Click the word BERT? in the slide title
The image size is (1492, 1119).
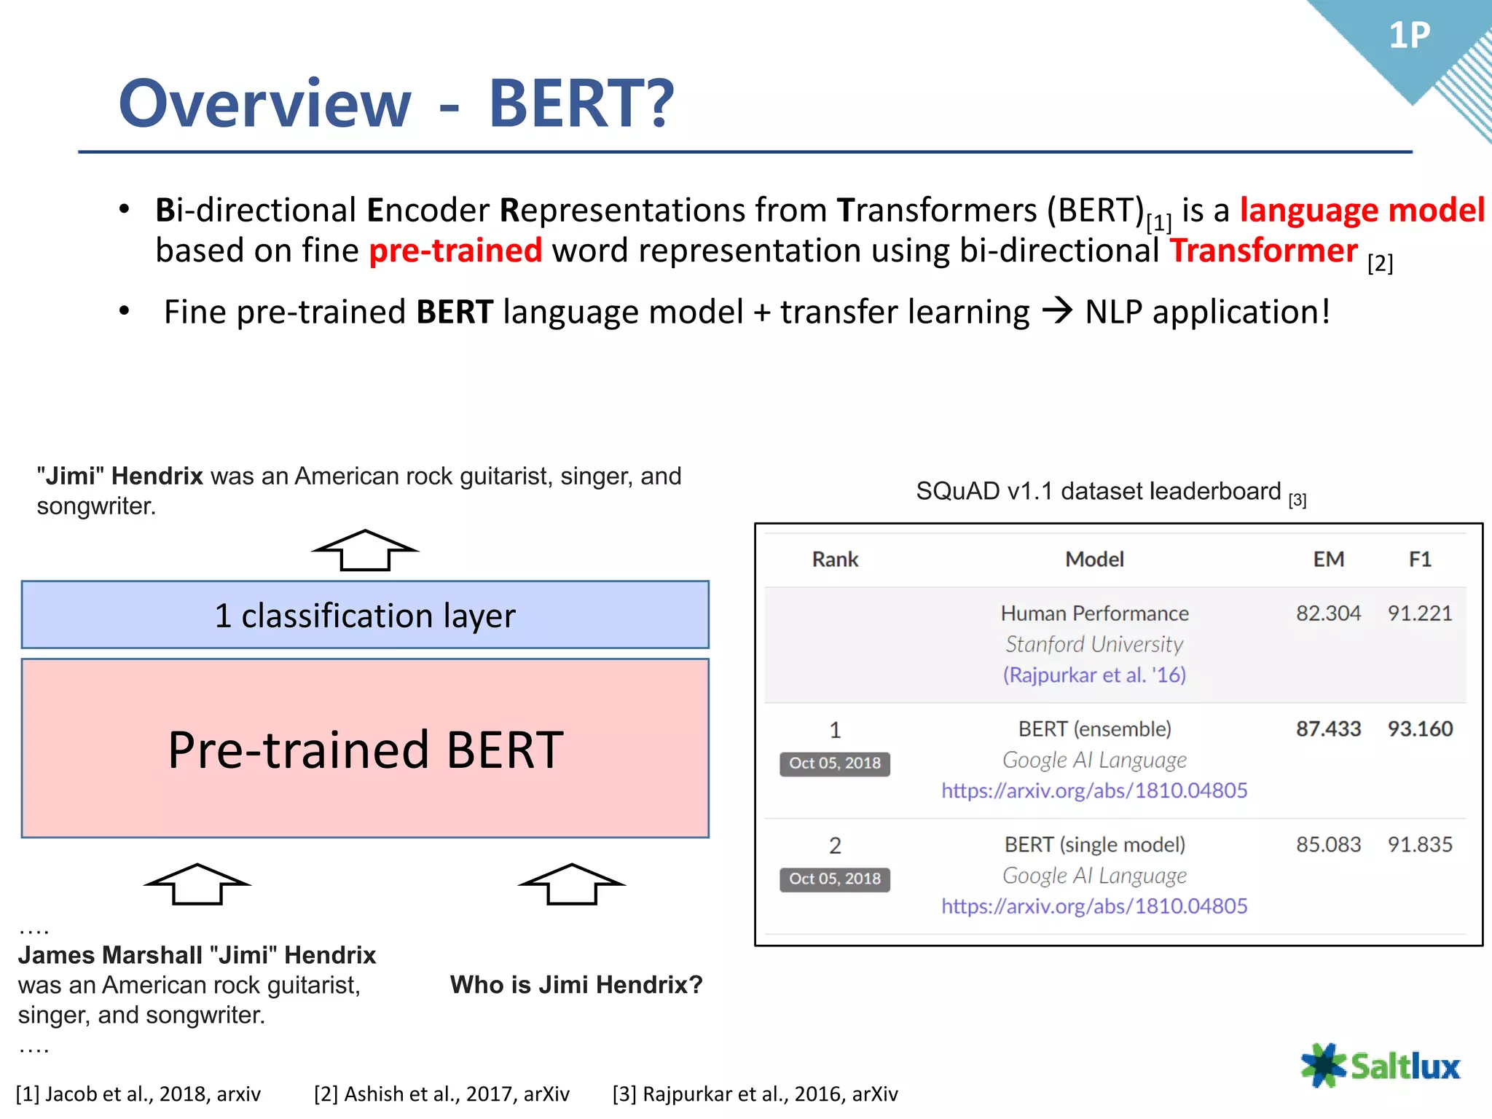581,103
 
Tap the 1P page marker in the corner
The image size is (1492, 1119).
1409,35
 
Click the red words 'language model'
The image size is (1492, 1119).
1362,211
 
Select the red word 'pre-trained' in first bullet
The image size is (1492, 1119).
455,251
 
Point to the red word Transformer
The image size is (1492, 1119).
1263,251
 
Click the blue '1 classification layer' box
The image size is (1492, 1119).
365,615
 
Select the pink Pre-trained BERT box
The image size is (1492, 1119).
365,748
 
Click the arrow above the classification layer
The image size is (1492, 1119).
365,551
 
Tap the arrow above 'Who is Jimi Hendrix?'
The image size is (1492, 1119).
572,884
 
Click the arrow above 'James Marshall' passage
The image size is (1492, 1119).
197,884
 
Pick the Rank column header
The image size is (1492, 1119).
835,559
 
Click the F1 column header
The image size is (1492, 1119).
1420,559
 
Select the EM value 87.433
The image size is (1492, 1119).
1328,729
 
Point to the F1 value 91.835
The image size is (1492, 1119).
1420,844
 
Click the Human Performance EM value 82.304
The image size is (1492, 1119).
1328,613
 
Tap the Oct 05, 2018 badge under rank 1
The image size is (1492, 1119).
835,763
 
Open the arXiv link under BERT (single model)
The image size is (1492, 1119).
1094,906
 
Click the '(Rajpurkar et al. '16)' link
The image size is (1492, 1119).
1094,675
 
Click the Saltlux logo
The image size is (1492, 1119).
1381,1066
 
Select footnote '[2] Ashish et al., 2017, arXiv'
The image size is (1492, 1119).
441,1094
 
